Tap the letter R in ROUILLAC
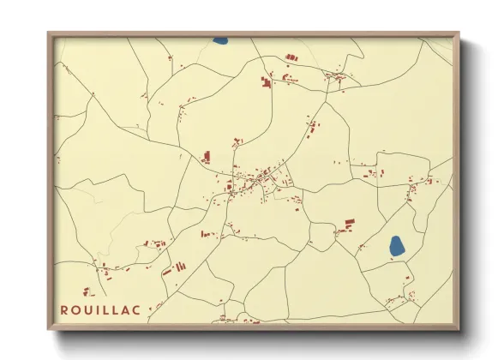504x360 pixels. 63,308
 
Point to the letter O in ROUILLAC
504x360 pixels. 75,308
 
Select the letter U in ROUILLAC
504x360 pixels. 87,308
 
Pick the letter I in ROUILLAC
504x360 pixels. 98,308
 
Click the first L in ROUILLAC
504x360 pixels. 106,308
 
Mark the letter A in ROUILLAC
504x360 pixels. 127,308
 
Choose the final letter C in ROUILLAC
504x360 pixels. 138,308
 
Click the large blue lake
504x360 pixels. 396,247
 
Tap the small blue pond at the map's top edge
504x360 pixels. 220,40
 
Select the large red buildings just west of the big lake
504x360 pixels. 346,225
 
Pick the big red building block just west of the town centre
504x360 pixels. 206,157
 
